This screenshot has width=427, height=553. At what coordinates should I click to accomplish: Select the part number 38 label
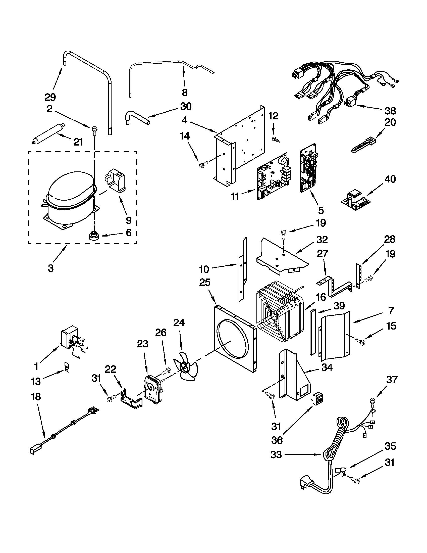[x=390, y=111]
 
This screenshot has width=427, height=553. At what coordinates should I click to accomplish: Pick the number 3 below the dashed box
[x=51, y=268]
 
